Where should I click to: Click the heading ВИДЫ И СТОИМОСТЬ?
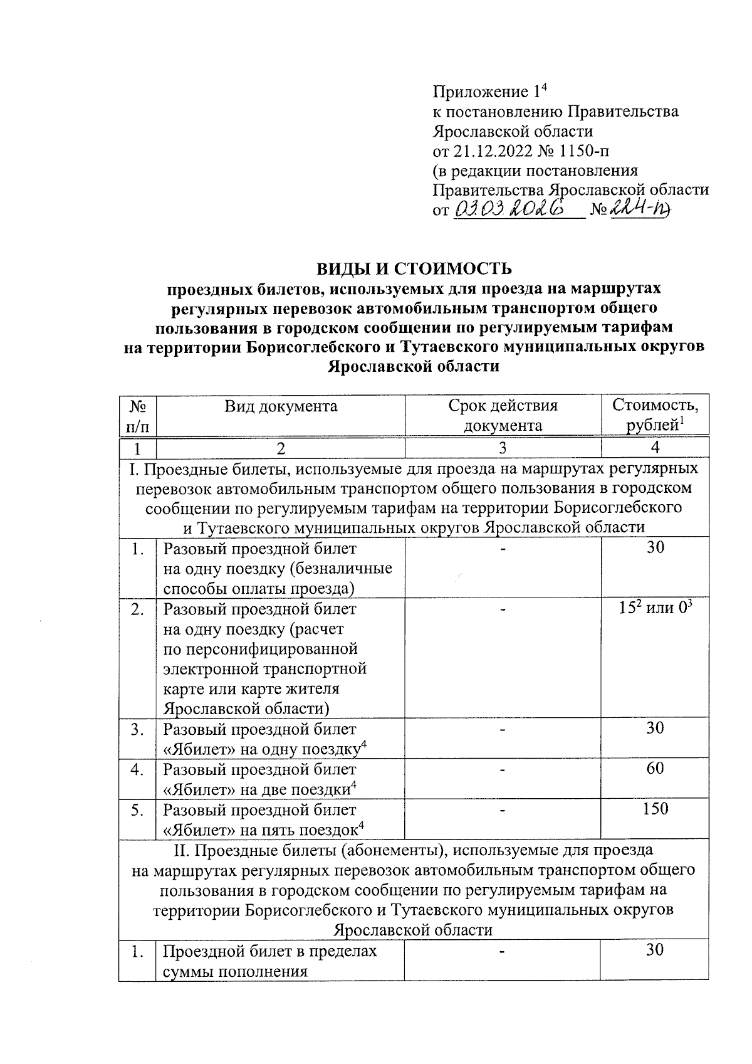click(414, 268)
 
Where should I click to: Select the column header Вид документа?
click(281, 406)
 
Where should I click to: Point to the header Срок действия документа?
click(503, 415)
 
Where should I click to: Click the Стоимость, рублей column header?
click(655, 414)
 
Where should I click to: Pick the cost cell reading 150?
click(655, 808)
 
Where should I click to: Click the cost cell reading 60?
click(655, 768)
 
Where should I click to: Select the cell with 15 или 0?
click(655, 608)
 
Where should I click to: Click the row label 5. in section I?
click(137, 809)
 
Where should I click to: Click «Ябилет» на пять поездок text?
click(263, 830)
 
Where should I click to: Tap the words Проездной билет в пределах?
click(270, 951)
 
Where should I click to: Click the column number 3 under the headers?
click(502, 448)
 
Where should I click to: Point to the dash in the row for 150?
click(502, 809)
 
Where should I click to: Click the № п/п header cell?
click(137, 415)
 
